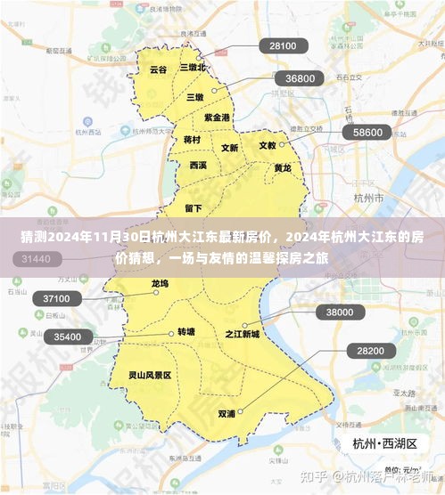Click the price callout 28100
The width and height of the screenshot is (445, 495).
(x=283, y=45)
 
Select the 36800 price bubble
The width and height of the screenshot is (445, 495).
(x=300, y=78)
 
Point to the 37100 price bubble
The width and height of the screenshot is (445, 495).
(x=62, y=299)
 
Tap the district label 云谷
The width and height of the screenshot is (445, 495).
(x=158, y=69)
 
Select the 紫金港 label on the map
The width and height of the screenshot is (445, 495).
(x=217, y=117)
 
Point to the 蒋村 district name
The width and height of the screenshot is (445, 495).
(x=192, y=140)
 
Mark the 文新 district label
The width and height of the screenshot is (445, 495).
(x=229, y=148)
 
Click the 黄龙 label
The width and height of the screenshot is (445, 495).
(x=282, y=167)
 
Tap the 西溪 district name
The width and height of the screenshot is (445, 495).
(x=198, y=166)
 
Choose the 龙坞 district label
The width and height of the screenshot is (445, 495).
(x=160, y=284)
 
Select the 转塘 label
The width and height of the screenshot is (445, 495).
(x=185, y=331)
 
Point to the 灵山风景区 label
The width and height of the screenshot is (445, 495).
(x=149, y=376)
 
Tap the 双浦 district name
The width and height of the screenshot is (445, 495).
(x=227, y=414)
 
